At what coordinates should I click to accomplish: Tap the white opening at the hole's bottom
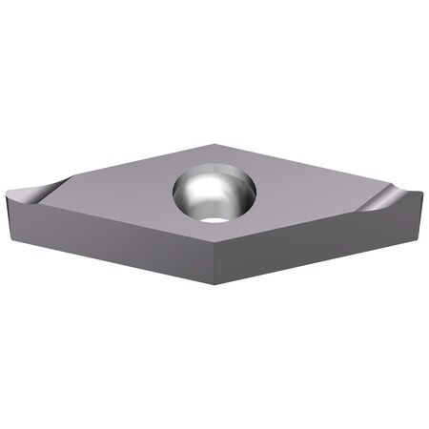(x=217, y=219)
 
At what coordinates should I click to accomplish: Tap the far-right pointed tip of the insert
(x=420, y=194)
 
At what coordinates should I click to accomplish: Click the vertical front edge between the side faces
(x=215, y=272)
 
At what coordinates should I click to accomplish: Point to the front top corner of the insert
(x=215, y=250)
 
